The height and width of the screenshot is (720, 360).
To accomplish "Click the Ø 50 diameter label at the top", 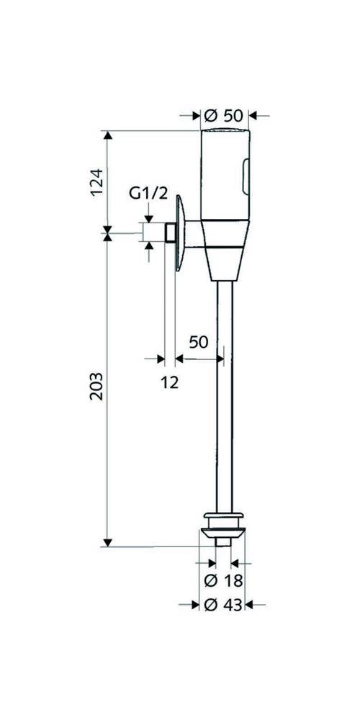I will [222, 114].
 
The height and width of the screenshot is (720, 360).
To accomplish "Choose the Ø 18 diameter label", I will [223, 580].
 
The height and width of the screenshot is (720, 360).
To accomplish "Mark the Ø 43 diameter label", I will [223, 606].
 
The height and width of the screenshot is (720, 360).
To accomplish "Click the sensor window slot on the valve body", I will [246, 176].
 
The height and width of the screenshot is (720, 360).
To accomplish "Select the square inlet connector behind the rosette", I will [170, 233].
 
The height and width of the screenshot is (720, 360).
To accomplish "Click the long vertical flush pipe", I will [224, 396].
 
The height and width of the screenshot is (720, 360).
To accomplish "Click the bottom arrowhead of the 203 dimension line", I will [107, 541].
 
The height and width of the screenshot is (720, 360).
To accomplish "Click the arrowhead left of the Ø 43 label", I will [195, 606].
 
